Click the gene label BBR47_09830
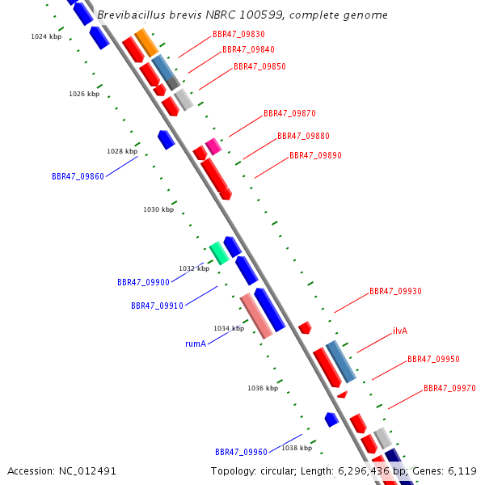(x=238, y=35)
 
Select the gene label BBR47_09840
(x=249, y=50)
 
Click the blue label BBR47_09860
(x=78, y=176)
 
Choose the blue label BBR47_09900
(x=143, y=283)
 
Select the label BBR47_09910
(x=157, y=306)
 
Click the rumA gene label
(x=196, y=344)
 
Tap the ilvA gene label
(x=400, y=331)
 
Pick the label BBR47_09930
(x=395, y=291)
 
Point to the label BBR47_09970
(x=449, y=389)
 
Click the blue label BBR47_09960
(x=241, y=452)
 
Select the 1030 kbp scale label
(x=158, y=209)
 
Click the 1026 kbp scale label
(x=84, y=94)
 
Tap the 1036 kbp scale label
(x=263, y=388)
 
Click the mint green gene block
(x=218, y=253)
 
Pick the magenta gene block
(x=213, y=146)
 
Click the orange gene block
(x=146, y=42)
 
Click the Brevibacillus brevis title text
(x=242, y=15)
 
